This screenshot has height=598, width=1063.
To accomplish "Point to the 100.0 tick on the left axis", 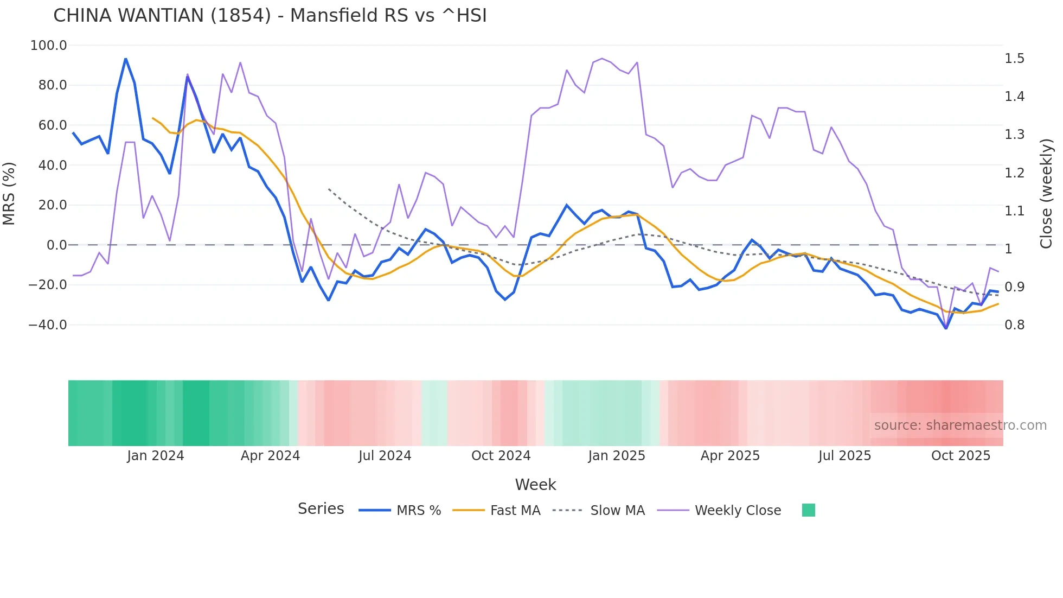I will [49, 46].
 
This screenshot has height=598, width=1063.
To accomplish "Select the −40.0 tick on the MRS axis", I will [48, 325].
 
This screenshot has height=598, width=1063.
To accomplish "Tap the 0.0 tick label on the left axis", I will [56, 245].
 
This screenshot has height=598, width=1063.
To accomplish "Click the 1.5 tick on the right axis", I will [1014, 59].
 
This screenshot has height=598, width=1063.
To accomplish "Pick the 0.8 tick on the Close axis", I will [1014, 325].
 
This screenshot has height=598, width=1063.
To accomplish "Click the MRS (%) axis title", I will [9, 194].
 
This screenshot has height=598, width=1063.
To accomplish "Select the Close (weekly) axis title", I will [1046, 194].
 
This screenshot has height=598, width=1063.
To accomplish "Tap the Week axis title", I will [535, 485].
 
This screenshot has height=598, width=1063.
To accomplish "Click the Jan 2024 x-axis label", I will [156, 456].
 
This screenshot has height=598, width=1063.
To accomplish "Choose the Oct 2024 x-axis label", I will [501, 456].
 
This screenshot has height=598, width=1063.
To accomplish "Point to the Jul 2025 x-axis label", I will [844, 456].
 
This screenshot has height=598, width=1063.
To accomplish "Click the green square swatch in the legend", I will [808, 510].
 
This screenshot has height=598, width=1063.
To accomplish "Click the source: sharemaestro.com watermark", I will [960, 425].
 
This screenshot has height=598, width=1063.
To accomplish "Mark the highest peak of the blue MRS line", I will [126, 59].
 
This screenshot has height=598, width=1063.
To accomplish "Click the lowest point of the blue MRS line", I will [946, 328].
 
